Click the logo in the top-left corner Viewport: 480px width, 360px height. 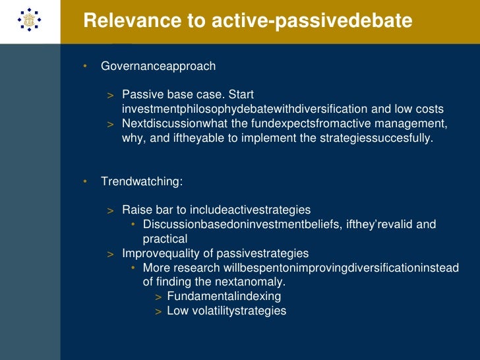[29, 22]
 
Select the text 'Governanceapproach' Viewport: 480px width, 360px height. [158, 67]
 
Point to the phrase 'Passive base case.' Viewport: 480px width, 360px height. [165, 95]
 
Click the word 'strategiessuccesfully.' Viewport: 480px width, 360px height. [378, 138]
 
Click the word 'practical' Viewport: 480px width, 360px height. [165, 239]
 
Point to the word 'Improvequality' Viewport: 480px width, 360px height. [161, 253]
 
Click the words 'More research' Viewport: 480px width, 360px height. [180, 268]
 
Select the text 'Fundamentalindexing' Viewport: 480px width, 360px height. [224, 297]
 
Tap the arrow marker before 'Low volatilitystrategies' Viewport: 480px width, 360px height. [158, 311]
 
